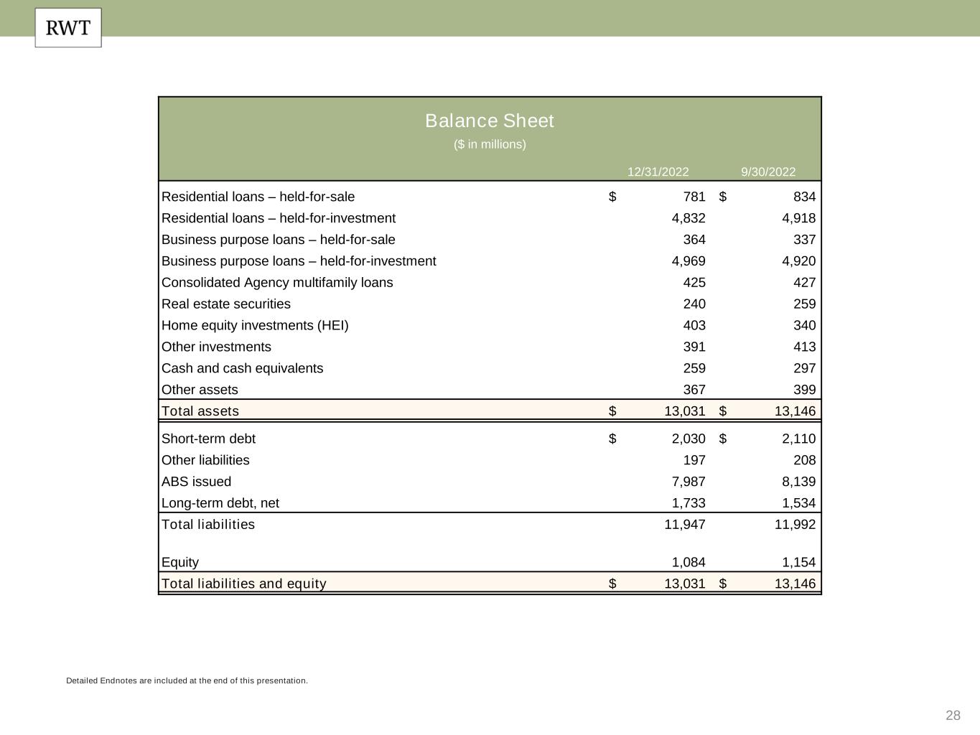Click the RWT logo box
click(68, 28)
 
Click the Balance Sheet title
click(489, 121)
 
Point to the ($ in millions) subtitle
click(490, 144)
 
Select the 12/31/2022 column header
click(658, 172)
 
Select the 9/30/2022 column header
click(768, 172)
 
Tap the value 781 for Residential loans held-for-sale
click(694, 197)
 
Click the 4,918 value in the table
click(798, 218)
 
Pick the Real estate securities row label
click(226, 304)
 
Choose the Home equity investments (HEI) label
click(255, 325)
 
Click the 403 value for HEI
click(694, 325)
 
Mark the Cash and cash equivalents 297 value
click(804, 368)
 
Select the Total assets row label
click(200, 411)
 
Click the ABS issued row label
click(197, 482)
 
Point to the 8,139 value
click(798, 482)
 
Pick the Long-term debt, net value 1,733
click(689, 503)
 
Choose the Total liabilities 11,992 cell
click(795, 524)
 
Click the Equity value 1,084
click(689, 562)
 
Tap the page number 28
click(953, 715)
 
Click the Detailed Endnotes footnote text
click(187, 680)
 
